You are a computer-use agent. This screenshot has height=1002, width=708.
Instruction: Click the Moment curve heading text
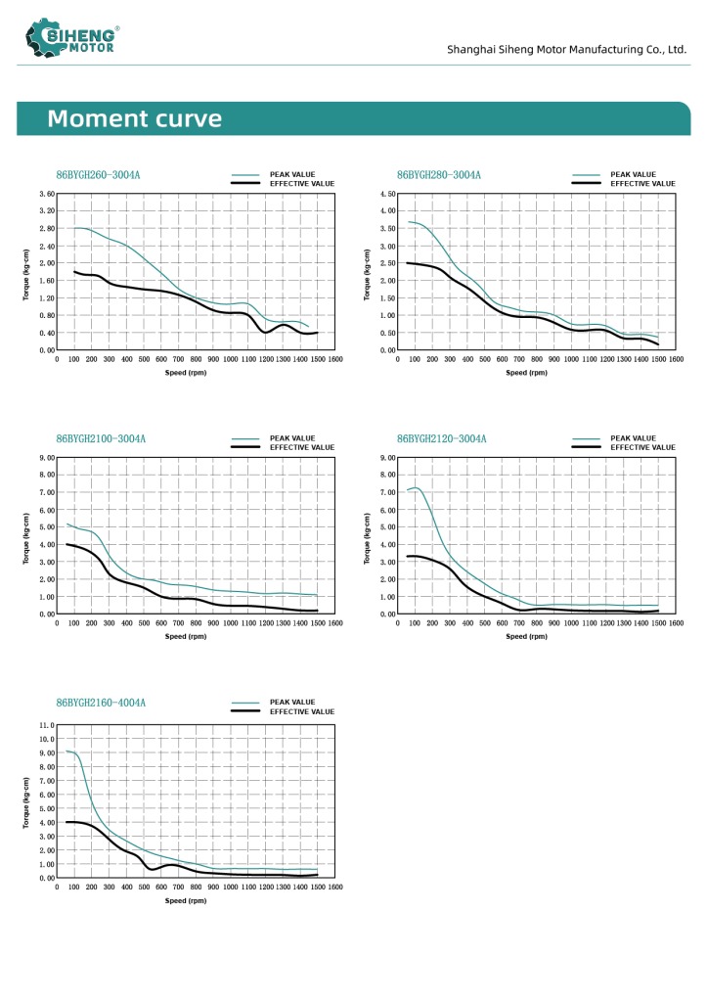(135, 119)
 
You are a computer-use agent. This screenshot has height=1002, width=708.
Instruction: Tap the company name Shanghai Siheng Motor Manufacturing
(567, 49)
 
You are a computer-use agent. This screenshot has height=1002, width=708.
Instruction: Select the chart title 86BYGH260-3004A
(98, 175)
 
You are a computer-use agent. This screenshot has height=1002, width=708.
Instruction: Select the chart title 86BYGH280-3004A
(439, 175)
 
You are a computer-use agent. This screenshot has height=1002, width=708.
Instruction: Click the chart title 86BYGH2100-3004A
(101, 438)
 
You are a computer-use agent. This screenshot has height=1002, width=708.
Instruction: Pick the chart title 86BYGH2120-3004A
(442, 438)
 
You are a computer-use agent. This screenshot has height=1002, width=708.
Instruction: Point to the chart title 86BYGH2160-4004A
(101, 703)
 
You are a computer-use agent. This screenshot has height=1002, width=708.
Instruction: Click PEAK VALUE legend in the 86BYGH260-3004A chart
(292, 174)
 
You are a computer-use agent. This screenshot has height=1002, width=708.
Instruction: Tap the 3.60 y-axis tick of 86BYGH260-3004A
(46, 194)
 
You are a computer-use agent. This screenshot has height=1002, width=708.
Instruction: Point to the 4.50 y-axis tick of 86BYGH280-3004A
(387, 194)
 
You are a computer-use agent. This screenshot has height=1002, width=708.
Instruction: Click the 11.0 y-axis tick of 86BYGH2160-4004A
(46, 725)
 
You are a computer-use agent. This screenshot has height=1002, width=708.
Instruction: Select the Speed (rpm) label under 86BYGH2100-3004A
(186, 636)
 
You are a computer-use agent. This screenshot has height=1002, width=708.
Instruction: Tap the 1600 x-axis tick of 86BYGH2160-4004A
(334, 888)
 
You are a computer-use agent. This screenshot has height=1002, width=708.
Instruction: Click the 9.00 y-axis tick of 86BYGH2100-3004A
(46, 457)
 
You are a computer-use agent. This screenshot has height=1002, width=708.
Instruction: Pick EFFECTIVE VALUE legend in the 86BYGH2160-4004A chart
(301, 711)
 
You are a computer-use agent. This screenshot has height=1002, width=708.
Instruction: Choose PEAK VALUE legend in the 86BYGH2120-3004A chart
(634, 438)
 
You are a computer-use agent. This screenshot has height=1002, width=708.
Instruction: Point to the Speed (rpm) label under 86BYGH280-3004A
(527, 373)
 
